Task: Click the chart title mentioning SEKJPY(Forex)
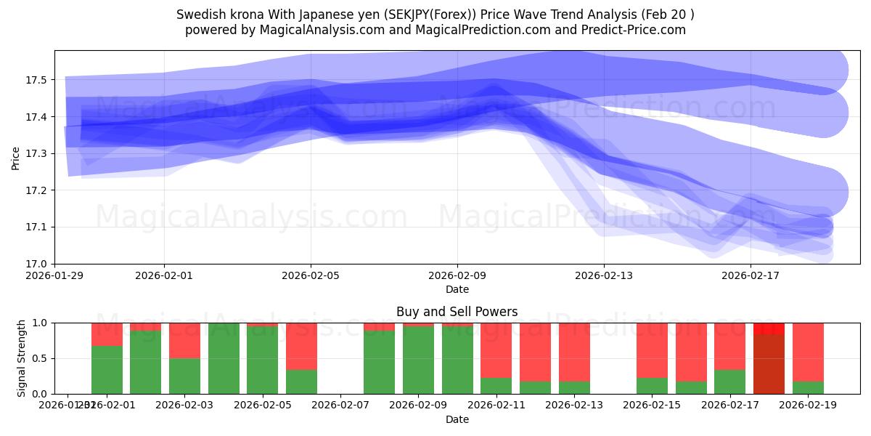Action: coord(435,15)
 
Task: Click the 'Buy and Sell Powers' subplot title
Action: coord(457,312)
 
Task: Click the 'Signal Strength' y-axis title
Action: coord(22,358)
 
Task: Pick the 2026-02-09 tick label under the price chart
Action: coord(457,275)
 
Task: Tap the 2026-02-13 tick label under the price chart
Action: coord(604,275)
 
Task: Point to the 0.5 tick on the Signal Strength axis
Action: coord(41,358)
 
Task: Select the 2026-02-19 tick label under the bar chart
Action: coord(808,405)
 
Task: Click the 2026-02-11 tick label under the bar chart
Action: coord(496,405)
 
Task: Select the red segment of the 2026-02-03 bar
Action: coord(184,340)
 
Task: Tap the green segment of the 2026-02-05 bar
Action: coord(262,360)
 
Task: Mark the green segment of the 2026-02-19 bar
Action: coord(808,388)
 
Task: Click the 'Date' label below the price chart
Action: coord(457,289)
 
